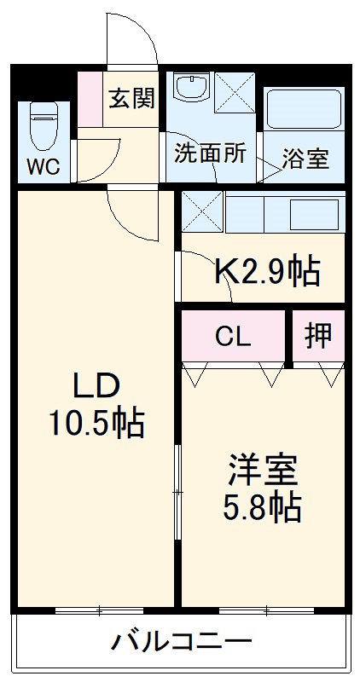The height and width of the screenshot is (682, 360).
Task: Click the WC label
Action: coord(44,166)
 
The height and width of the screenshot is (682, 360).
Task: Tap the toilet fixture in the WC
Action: coord(44,125)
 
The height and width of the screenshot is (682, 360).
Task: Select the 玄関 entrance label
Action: coord(132,98)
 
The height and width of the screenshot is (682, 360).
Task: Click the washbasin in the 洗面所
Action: coord(191,87)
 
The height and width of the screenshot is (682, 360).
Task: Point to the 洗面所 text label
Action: coord(210,153)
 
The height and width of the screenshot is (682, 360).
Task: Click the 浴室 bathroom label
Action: coord(305,159)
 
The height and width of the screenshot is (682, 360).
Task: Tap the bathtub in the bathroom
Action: coord(304,109)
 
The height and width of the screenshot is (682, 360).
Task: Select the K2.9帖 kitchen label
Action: coord(268,272)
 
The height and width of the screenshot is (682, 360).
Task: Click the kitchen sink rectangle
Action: coord(314,215)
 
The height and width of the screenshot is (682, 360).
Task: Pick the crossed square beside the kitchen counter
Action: coord(202,211)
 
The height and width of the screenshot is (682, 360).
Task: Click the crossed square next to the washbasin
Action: coord(235,93)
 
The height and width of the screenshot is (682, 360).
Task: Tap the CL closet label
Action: coord(234,336)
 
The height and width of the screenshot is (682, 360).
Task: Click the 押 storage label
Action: coord(318,335)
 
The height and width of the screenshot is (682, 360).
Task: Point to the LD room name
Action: coord(96,389)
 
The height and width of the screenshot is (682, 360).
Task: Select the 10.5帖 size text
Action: coord(96,424)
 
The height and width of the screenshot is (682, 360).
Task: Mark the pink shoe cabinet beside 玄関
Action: coord(90,100)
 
